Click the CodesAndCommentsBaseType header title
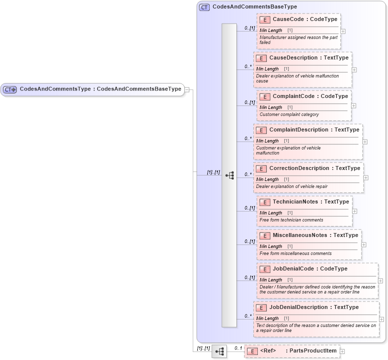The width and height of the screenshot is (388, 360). coord(254,7)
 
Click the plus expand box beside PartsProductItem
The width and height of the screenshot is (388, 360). coord(342,351)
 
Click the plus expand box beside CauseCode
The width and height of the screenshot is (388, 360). coord(343,31)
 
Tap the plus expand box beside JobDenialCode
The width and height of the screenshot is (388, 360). coord(380,281)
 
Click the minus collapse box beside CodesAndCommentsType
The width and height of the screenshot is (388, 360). coord(187,89)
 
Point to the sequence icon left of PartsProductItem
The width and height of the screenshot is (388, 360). coord(219,351)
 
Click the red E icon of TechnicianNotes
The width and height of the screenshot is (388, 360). coord(265,202)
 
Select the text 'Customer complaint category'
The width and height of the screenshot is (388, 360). coord(289,114)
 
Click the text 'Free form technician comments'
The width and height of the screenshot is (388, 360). coord(291,220)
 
